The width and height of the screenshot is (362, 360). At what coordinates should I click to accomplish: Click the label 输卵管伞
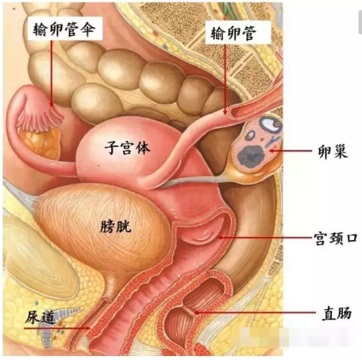[x=64, y=29]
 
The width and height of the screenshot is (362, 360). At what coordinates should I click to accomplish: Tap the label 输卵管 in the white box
[x=233, y=33]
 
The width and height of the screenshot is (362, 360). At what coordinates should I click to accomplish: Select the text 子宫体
[x=127, y=148]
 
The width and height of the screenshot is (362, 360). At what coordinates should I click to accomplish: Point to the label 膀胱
[x=116, y=227]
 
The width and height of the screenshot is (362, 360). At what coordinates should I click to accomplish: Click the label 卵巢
[x=333, y=151]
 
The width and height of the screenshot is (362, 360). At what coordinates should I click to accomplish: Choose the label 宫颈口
[x=336, y=239]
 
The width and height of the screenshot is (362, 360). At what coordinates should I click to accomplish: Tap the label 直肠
[x=337, y=313]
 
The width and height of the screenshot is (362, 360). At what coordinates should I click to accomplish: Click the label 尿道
[x=40, y=316]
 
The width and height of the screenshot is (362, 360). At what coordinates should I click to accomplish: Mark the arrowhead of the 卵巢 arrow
[x=271, y=151]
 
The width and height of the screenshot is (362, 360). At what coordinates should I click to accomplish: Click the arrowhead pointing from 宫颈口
[x=220, y=238]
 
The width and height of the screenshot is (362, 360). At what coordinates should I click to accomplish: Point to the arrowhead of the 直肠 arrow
[x=197, y=312]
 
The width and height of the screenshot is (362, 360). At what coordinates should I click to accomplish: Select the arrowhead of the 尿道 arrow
[x=88, y=328]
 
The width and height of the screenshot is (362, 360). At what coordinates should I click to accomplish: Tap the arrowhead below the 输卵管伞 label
[x=51, y=105]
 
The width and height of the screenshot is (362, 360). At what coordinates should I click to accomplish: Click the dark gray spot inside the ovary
[x=250, y=156]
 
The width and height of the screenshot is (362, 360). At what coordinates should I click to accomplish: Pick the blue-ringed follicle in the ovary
[x=270, y=124]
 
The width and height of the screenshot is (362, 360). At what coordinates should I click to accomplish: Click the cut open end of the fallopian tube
[x=233, y=111]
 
